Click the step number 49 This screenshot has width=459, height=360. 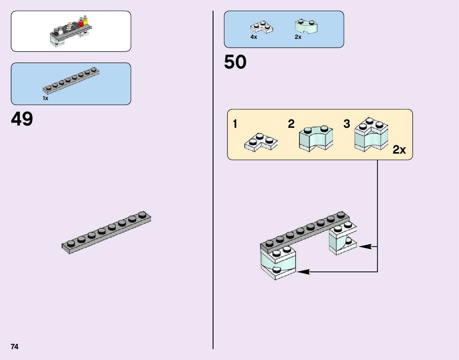[22, 119]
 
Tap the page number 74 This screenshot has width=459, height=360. [15, 347]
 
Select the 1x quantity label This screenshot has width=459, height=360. [45, 99]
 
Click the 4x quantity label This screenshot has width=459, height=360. [254, 37]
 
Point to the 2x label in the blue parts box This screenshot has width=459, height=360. [298, 37]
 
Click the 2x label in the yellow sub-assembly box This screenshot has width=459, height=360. [399, 150]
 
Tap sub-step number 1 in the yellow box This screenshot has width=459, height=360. [235, 124]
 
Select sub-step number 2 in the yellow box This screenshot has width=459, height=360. [291, 124]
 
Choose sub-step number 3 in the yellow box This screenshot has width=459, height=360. [347, 124]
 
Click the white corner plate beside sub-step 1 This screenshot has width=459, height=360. [261, 142]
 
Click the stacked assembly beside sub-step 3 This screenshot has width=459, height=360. [371, 136]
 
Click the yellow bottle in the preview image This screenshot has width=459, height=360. [86, 21]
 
